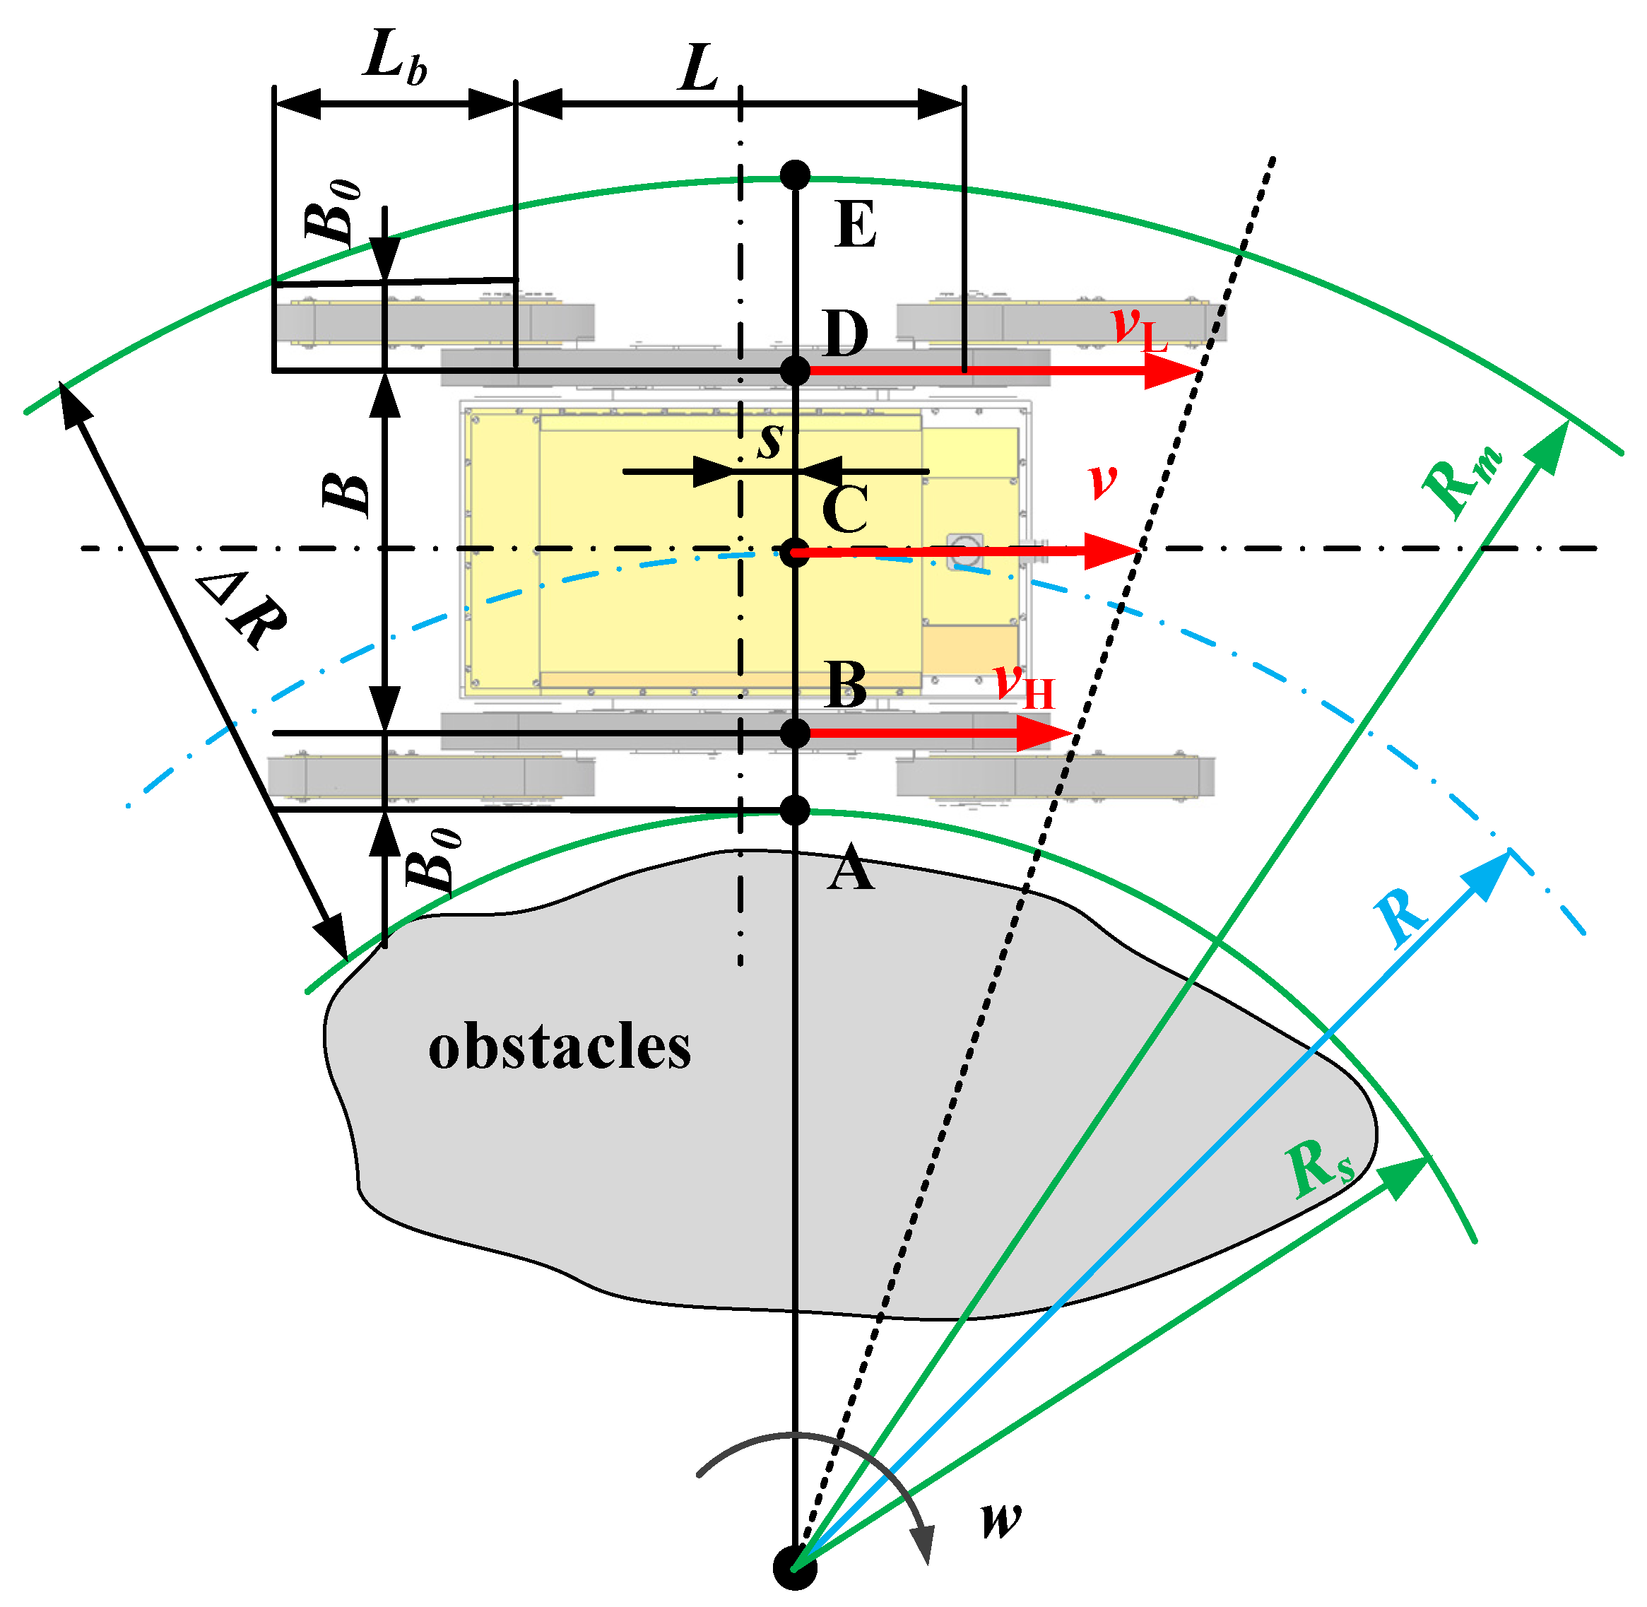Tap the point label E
click(x=855, y=226)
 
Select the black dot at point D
click(x=795, y=370)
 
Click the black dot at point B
click(x=795, y=734)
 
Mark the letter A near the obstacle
click(x=850, y=869)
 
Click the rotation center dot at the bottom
click(x=795, y=1567)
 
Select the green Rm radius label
click(x=1461, y=481)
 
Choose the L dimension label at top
click(x=699, y=69)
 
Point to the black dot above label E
click(x=795, y=175)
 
